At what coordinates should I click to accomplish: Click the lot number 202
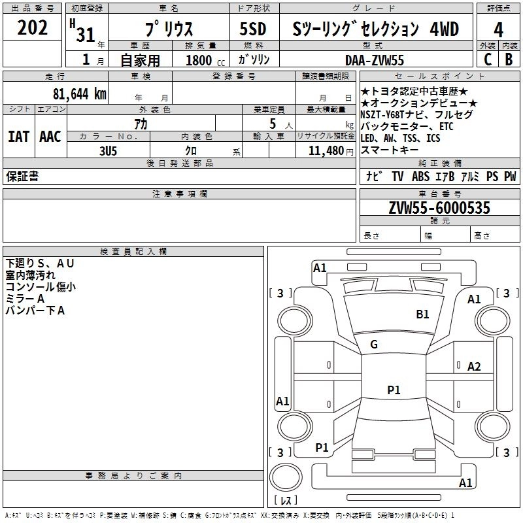pyautogui.click(x=32, y=27)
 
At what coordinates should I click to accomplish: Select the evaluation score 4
pyautogui.click(x=498, y=30)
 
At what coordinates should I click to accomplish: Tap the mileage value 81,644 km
pyautogui.click(x=80, y=94)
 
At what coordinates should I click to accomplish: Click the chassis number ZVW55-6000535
pyautogui.click(x=439, y=207)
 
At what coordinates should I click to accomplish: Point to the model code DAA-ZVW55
pyautogui.click(x=375, y=60)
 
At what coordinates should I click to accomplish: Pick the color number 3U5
pyautogui.click(x=109, y=151)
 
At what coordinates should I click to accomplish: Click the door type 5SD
pyautogui.click(x=253, y=29)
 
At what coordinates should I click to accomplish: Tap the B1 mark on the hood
pyautogui.click(x=422, y=314)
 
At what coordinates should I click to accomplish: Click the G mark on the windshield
pyautogui.click(x=374, y=345)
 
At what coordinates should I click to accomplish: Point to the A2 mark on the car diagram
pyautogui.click(x=474, y=367)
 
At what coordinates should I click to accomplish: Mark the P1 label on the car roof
pyautogui.click(x=394, y=390)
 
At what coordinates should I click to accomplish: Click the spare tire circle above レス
pyautogui.click(x=286, y=477)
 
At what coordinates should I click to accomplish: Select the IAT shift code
pyautogui.click(x=18, y=137)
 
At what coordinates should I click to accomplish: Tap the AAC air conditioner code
pyautogui.click(x=50, y=137)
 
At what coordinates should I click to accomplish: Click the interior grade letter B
pyautogui.click(x=509, y=59)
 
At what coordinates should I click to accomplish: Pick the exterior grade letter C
pyautogui.click(x=488, y=59)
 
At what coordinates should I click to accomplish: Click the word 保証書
pyautogui.click(x=22, y=177)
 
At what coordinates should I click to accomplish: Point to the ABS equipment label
pyautogui.click(x=420, y=177)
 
